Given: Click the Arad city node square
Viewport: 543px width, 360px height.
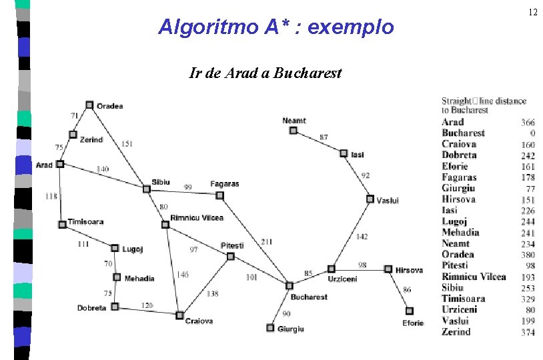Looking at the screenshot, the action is [60, 163].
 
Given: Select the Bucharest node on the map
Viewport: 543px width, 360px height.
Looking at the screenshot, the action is [289, 285].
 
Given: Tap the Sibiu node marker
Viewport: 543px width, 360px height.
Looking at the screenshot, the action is [147, 189].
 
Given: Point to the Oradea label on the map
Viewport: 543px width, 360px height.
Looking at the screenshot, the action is [109, 105].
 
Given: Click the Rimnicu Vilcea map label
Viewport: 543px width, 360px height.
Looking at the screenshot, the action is [197, 218].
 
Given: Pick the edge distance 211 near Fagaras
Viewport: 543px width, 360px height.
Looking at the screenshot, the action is [266, 241].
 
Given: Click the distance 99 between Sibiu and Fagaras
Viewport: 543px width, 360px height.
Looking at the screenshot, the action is [188, 188].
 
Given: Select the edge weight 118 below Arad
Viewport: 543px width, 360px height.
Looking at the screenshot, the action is [51, 196].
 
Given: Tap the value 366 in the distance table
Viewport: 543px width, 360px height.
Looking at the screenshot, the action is [528, 122].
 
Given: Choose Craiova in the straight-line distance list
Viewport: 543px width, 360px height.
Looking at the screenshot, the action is [459, 144].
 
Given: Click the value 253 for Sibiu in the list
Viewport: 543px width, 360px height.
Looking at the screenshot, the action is [528, 288].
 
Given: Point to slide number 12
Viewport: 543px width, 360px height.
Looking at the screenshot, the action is [532, 13].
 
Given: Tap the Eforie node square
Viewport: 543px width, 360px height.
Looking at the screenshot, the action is [410, 311].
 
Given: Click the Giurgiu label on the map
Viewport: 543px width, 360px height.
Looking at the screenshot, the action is [291, 329].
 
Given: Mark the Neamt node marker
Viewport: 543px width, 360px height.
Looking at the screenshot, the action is [293, 131].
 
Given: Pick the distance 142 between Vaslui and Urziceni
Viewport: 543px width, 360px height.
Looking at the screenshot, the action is [361, 237].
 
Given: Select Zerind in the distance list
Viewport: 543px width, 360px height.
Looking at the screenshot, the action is [456, 332].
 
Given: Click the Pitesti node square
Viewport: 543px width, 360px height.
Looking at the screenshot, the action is [230, 256].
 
